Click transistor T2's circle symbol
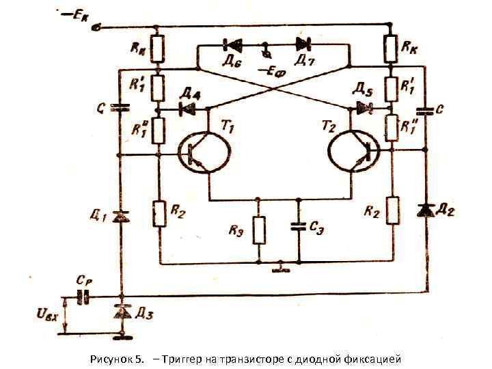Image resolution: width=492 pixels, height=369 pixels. (x=353, y=152)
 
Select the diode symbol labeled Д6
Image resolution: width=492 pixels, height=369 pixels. (x=230, y=46)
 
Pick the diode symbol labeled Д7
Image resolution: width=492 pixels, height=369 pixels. (x=302, y=46)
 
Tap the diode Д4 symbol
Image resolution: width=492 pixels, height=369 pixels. (x=182, y=108)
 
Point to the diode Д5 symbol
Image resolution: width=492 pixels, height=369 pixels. (x=362, y=108)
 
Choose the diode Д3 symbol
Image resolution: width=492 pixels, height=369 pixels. (x=122, y=312)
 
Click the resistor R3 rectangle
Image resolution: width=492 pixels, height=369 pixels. (x=259, y=230)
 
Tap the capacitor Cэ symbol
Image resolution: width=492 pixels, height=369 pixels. (x=299, y=225)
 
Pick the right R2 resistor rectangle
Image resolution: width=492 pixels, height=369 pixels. (x=392, y=210)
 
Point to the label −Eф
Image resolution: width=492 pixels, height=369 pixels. (x=271, y=70)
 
